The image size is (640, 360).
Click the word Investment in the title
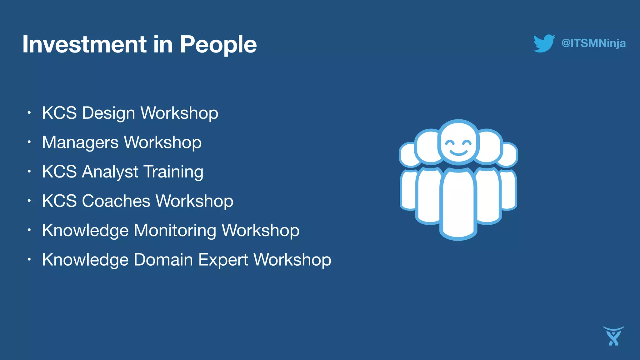(84, 44)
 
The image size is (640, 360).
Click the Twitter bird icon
(544, 43)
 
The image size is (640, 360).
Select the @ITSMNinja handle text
(593, 43)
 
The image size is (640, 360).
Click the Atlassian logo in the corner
(613, 336)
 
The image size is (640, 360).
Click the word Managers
(80, 142)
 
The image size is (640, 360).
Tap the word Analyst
(110, 172)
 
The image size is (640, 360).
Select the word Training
(173, 172)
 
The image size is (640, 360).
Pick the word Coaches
(116, 201)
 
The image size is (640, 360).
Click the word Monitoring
(175, 230)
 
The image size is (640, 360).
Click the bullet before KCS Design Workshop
(29, 112)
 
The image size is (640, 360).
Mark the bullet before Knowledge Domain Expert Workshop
(29, 259)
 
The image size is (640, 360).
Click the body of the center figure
(458, 203)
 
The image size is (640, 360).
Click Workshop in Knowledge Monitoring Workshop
(261, 230)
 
